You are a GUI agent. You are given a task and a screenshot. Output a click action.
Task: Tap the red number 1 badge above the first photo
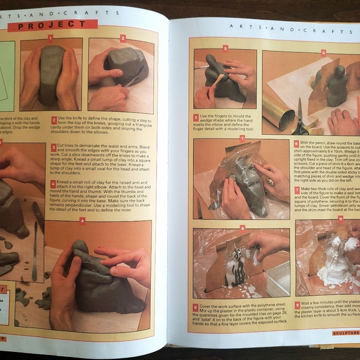click(x=50, y=38)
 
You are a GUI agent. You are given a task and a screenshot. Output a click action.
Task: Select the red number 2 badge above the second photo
click(x=123, y=38)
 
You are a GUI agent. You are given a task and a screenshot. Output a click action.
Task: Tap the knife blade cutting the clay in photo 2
click(x=133, y=79)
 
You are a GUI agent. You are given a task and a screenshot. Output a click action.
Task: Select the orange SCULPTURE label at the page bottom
click(x=343, y=333)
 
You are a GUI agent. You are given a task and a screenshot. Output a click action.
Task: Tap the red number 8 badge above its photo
click(x=242, y=228)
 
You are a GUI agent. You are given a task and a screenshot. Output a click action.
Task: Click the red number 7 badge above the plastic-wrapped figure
click(x=242, y=138)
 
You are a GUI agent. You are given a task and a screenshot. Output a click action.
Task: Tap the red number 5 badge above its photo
click(x=225, y=47)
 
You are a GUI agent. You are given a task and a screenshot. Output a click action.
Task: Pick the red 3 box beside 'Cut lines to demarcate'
click(x=54, y=147)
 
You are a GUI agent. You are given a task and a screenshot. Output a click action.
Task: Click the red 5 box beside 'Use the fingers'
click(x=196, y=117)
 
